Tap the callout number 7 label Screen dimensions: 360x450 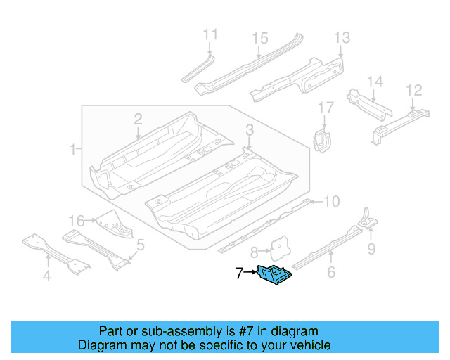pos(239,274)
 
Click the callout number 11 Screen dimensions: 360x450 pos(210,34)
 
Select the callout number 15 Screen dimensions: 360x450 pos(260,38)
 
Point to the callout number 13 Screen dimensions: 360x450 pos(342,38)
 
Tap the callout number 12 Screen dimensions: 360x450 pos(414,90)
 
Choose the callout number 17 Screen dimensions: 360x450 pos(326,108)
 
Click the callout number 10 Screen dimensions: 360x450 pos(331,202)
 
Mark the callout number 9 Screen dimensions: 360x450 pos(372,248)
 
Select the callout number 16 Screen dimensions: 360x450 pos(77,220)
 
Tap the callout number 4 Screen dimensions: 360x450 pos(46,276)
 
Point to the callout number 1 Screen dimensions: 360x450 pos(73,149)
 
